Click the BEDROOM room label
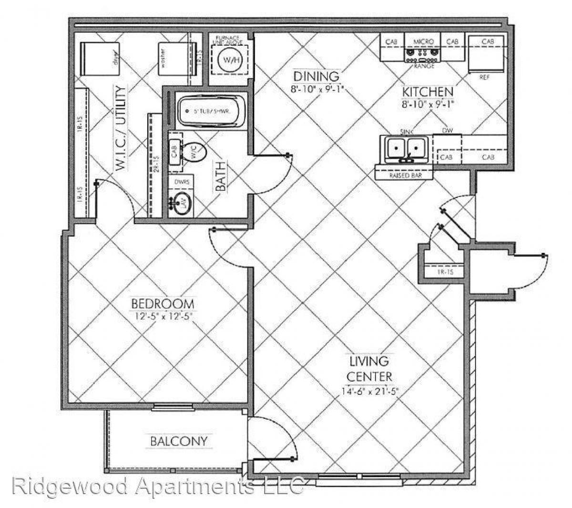[x=163, y=303]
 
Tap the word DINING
[x=316, y=76]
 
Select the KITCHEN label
[x=427, y=92]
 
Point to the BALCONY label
[x=179, y=441]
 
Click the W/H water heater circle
[x=227, y=60]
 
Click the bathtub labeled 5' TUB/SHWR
[x=211, y=111]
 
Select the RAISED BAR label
[x=404, y=175]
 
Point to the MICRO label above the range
[x=423, y=41]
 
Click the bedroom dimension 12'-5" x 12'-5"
[x=163, y=315]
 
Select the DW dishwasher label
[x=447, y=130]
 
